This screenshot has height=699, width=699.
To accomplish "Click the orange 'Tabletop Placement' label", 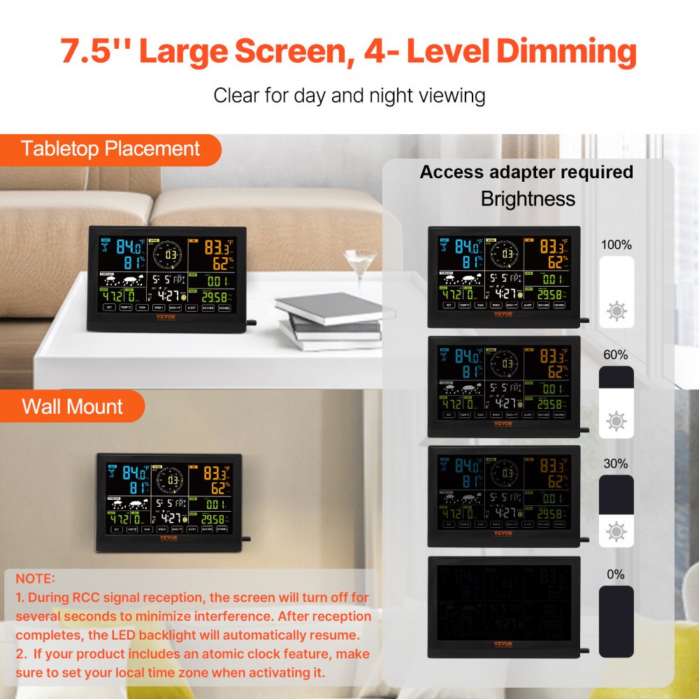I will pyautogui.click(x=110, y=149).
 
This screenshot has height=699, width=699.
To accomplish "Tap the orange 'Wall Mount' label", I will pyautogui.click(x=72, y=407).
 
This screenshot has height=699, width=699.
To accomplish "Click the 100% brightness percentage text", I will pyautogui.click(x=616, y=245).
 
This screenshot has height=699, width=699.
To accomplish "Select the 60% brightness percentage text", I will pyautogui.click(x=616, y=355).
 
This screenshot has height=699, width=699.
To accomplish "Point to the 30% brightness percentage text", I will pyautogui.click(x=616, y=463).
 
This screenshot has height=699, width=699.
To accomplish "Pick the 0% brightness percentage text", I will pyautogui.click(x=616, y=575).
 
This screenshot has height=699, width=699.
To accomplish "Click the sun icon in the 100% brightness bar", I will pyautogui.click(x=617, y=311).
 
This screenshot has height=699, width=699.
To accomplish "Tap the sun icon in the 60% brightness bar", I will pyautogui.click(x=617, y=421).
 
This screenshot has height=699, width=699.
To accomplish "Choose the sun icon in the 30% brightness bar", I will pyautogui.click(x=617, y=531).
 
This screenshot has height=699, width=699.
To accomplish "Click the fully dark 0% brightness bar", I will pyautogui.click(x=617, y=621).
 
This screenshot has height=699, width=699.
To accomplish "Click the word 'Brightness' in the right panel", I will pyautogui.click(x=528, y=199).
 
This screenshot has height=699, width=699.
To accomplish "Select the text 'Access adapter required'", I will pyautogui.click(x=526, y=172).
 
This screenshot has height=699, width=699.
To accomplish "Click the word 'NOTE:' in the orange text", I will pyautogui.click(x=35, y=579).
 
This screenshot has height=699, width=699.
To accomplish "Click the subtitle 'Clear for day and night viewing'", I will pyautogui.click(x=349, y=95).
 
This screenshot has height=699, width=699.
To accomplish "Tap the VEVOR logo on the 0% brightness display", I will pyautogui.click(x=503, y=644).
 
